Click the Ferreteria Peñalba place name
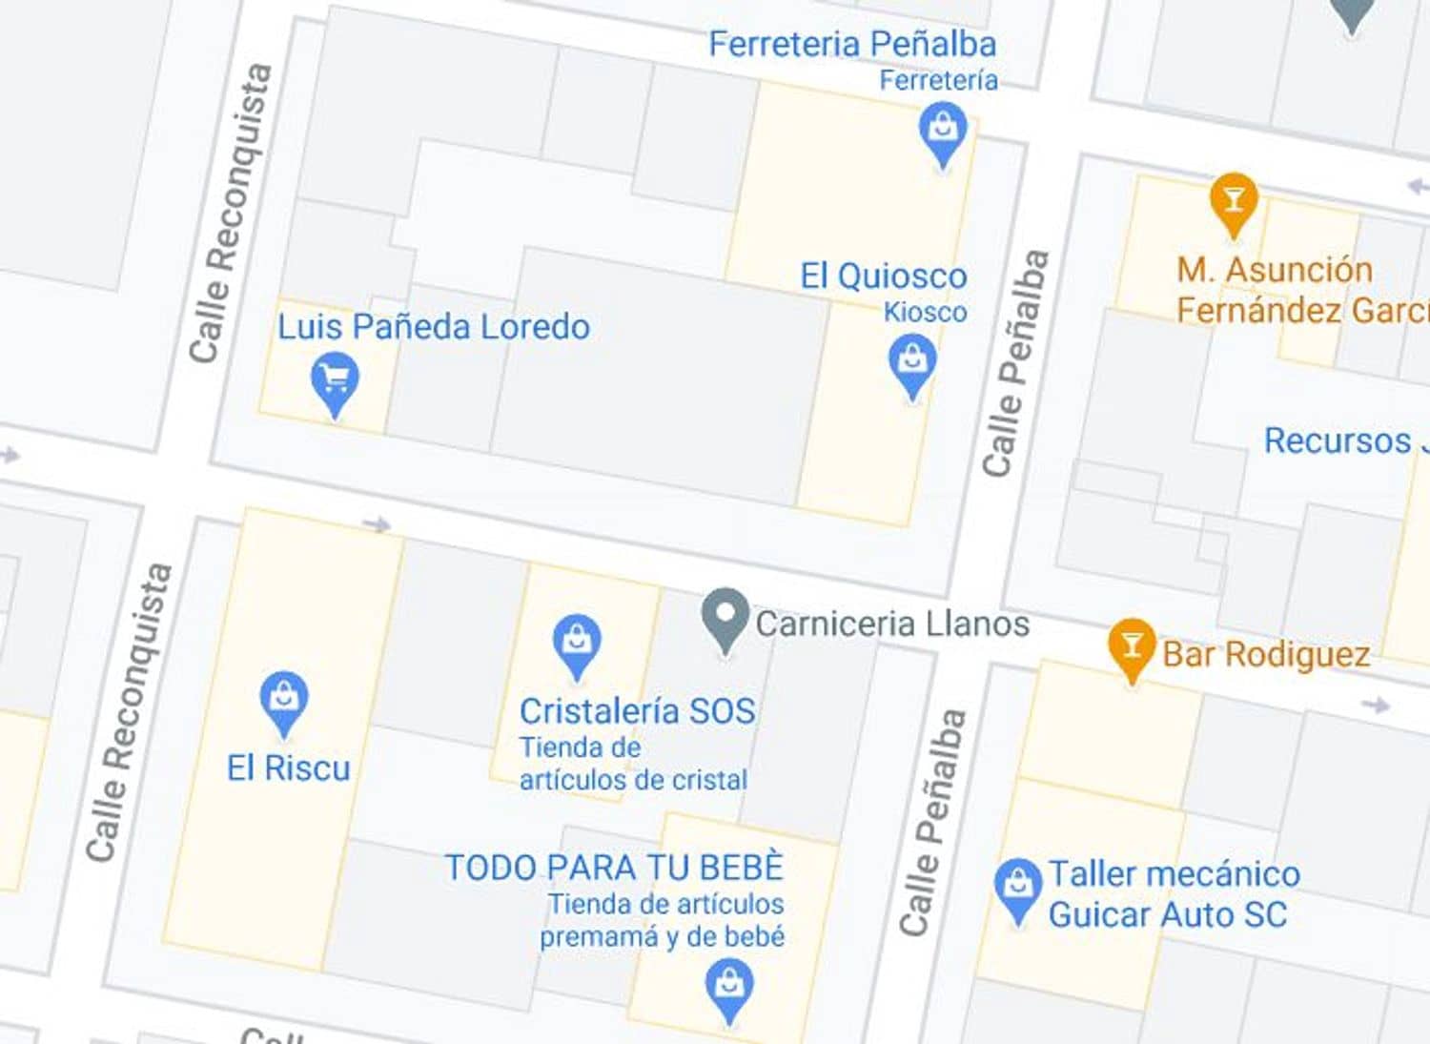coord(852,44)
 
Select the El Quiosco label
coord(883,276)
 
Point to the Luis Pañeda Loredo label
coord(433,327)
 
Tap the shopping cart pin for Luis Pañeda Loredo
coord(335,379)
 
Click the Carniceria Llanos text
coord(892,624)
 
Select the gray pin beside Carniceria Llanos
coord(725,616)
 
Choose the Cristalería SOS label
coord(637,711)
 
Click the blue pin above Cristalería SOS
coord(577,642)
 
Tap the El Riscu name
coord(288,768)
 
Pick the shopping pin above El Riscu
coord(284,699)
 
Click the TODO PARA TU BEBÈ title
coord(614,868)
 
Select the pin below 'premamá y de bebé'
coord(729,987)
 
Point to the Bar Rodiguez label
coord(1266,655)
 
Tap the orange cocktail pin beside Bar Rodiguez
coord(1132,645)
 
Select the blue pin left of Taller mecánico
coord(1017,886)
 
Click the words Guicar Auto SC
coord(1167,915)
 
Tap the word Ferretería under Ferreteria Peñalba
coord(938,81)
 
